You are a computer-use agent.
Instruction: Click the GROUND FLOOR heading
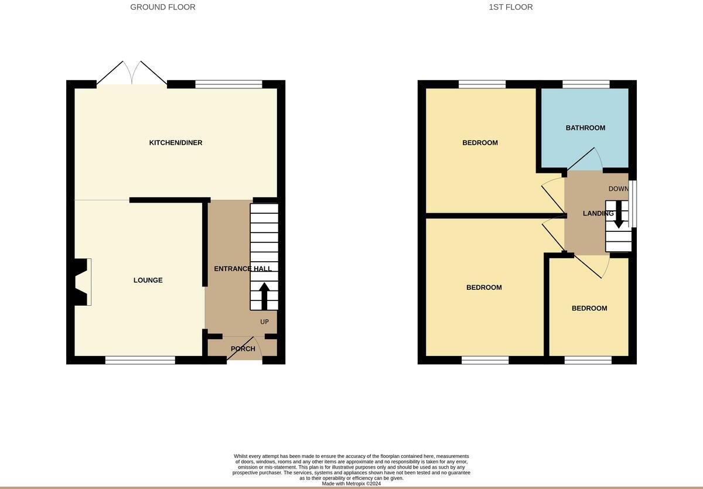(x=163, y=7)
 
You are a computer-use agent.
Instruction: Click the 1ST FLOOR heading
(x=511, y=7)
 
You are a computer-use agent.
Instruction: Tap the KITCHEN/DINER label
(x=176, y=143)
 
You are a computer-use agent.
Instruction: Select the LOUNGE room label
(x=148, y=281)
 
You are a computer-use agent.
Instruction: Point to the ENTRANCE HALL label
(x=243, y=269)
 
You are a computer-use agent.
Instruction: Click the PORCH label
(x=243, y=349)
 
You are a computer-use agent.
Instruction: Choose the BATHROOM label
(x=585, y=128)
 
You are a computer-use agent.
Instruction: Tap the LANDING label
(x=598, y=213)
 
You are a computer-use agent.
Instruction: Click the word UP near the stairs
(x=264, y=322)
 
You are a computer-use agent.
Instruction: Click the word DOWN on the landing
(x=618, y=189)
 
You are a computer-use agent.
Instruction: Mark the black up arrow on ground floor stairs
(x=264, y=296)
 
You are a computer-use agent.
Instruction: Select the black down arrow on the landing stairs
(x=619, y=214)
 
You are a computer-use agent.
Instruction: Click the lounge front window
(x=140, y=360)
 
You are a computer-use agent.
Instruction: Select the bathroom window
(x=586, y=84)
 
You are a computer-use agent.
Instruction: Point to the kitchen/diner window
(x=228, y=84)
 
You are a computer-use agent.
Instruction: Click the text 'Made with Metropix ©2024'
(x=351, y=484)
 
